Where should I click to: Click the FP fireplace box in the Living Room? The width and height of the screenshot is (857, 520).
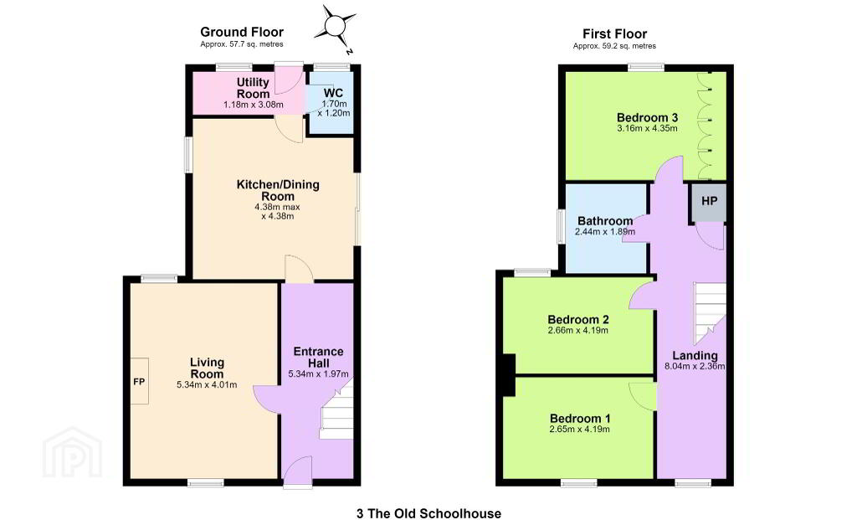point(140,381)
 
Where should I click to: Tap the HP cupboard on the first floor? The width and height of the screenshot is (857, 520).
point(709,202)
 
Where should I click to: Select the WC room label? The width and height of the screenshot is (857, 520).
point(333,93)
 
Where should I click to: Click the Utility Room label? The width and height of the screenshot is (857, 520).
point(253,88)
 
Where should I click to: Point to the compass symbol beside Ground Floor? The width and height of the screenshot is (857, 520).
point(335,26)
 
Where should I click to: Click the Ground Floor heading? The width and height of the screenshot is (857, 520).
point(242,33)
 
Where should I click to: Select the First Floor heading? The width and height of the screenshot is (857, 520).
point(615,33)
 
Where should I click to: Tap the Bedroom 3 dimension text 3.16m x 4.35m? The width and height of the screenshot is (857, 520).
point(647,128)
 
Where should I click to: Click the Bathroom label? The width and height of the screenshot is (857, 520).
point(605,221)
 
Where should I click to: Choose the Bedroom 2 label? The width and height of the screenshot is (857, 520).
point(578,319)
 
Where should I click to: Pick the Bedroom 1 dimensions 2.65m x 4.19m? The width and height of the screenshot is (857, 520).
point(579,430)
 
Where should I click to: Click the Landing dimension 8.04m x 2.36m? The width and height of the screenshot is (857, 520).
point(695,367)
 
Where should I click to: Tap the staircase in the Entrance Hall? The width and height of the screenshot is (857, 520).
point(336,410)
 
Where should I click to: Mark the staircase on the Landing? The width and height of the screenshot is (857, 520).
point(710,310)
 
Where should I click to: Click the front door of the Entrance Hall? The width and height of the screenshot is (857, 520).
point(298,472)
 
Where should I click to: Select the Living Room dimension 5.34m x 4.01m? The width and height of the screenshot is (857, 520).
point(207,384)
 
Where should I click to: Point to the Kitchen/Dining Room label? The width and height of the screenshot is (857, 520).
point(278,190)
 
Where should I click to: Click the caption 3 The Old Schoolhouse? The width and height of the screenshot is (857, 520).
point(428,513)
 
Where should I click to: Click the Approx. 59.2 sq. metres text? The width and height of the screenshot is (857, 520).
point(614,47)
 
